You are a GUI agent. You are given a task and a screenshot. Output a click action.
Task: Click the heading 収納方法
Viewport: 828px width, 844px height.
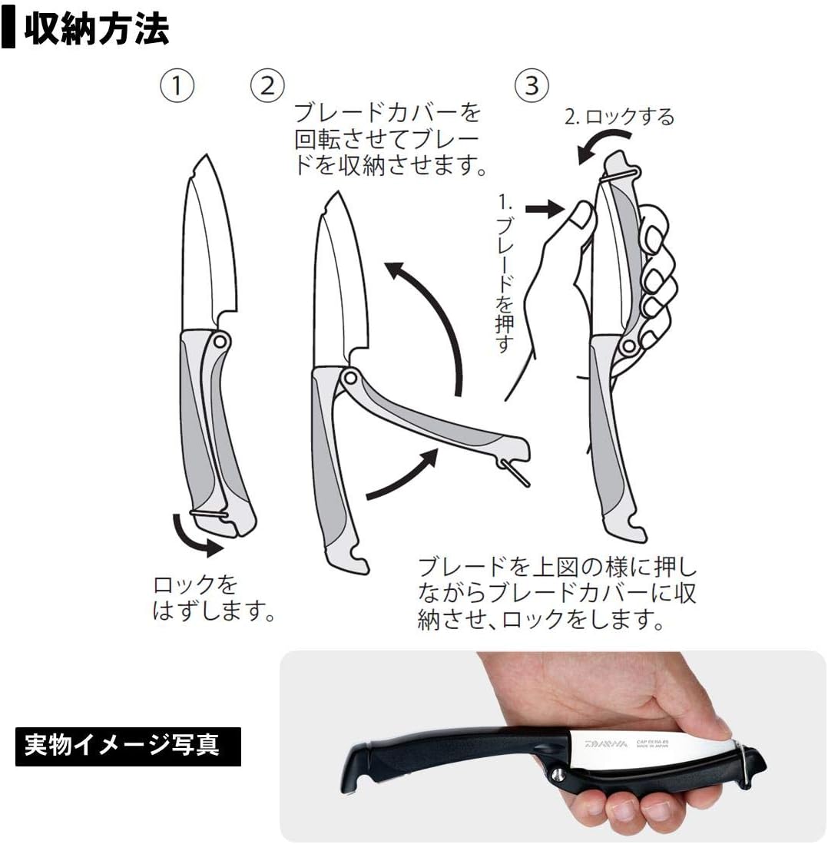tap(96, 29)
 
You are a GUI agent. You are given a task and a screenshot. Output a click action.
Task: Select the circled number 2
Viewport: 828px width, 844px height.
tap(267, 85)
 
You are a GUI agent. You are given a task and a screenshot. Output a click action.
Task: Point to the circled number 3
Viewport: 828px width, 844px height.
tap(532, 85)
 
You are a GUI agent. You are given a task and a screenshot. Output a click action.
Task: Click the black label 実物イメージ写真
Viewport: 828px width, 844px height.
tap(128, 746)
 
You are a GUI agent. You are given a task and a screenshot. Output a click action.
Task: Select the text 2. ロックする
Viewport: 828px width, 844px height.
tap(618, 117)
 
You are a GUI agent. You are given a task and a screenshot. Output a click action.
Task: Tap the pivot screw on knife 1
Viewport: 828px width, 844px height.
tap(220, 340)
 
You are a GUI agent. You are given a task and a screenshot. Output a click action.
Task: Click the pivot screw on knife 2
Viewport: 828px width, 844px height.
tap(350, 377)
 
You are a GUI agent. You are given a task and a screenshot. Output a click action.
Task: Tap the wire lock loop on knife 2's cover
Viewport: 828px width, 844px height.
tap(515, 472)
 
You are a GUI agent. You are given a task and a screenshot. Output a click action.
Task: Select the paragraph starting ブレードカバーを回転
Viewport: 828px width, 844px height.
tap(390, 140)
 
